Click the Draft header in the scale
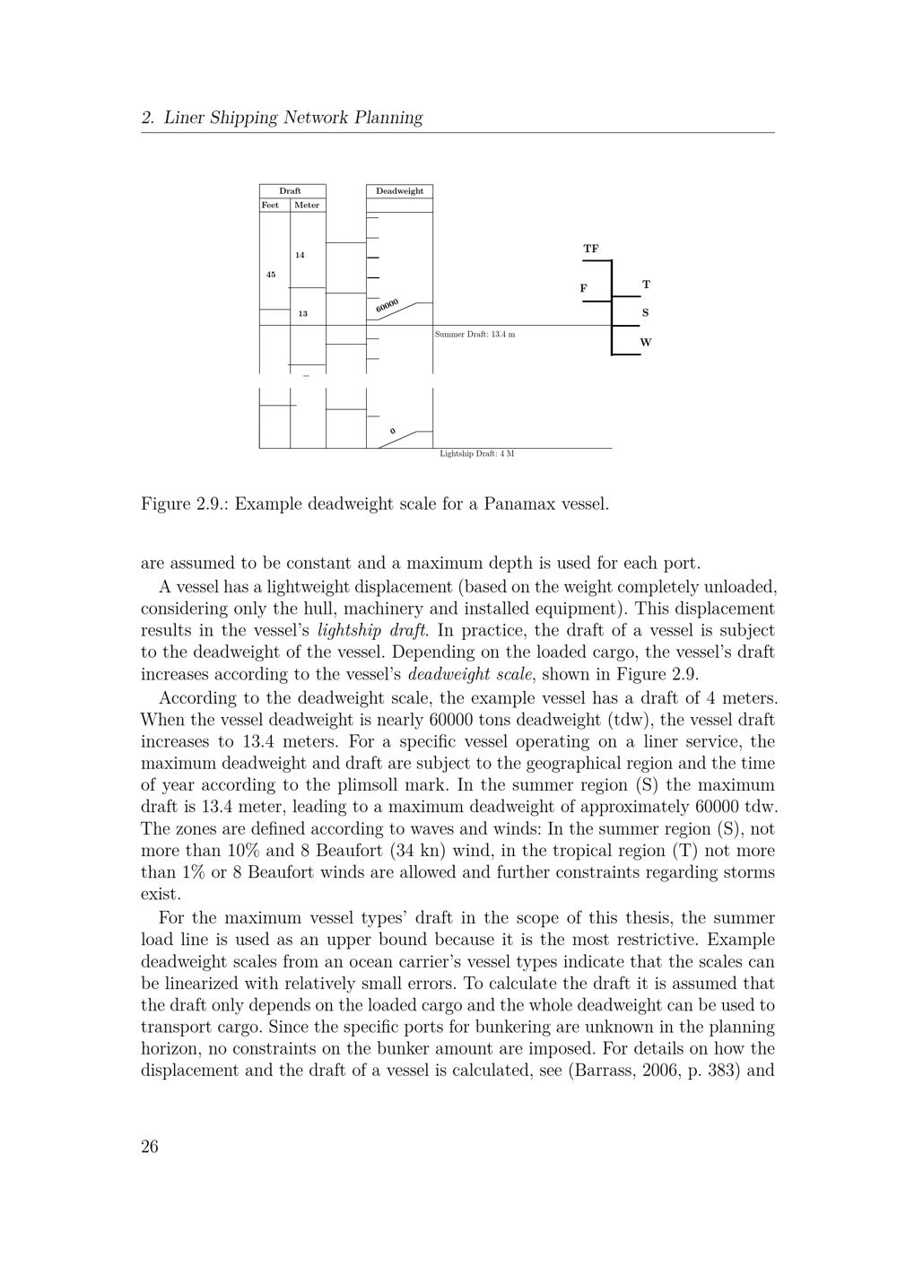coord(290,191)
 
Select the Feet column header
coord(270,205)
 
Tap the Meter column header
coord(307,205)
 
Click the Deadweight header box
coord(399,191)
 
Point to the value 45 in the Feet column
coord(271,275)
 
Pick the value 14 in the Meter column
coord(300,255)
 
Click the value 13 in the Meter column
coord(302,314)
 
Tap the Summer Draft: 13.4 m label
coord(475,335)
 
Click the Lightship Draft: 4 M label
coord(476,454)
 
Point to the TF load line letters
coord(590,249)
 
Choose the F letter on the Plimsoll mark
coord(583,288)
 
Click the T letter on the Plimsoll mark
coord(646,284)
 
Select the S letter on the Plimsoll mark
coord(645,313)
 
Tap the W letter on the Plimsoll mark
coord(646,343)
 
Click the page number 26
coord(150,1146)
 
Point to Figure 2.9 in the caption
coord(187,503)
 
